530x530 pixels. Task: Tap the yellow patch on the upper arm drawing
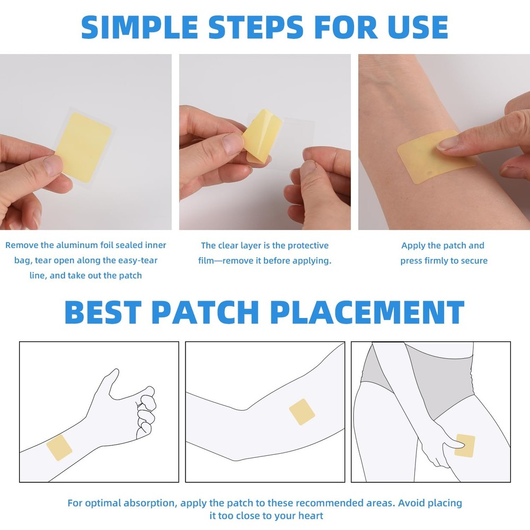302,412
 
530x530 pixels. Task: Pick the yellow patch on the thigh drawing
465,445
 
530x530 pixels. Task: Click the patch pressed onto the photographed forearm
429,156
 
